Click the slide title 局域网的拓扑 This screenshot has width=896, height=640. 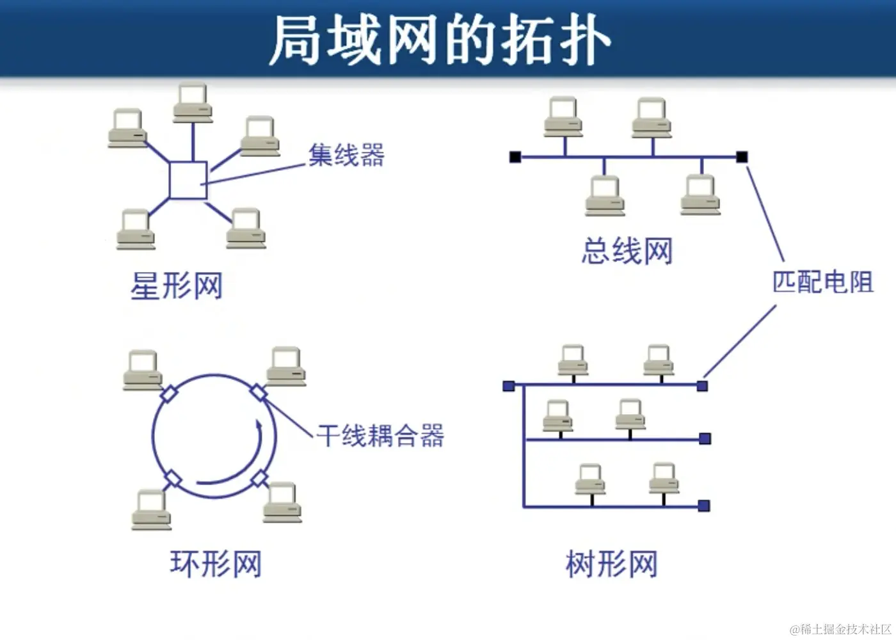pos(440,40)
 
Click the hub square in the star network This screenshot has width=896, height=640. pos(188,180)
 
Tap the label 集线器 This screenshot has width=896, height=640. pos(346,155)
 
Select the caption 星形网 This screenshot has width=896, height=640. pos(177,285)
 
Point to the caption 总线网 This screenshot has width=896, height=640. pos(627,250)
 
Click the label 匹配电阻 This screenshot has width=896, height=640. pos(822,282)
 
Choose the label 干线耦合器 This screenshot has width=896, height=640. pos(380,436)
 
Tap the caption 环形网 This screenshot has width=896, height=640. pos(216,564)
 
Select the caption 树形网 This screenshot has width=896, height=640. pos(612,564)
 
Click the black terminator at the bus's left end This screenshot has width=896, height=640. pos(515,157)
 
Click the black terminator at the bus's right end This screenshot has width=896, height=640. pos(742,157)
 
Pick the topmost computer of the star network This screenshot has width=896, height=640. pos(193,102)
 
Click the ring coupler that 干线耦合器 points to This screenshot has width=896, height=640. pos(259,392)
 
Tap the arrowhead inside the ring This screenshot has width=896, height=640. pos(259,425)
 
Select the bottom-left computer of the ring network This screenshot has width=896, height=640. pos(152,509)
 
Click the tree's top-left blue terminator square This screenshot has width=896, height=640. pos(509,386)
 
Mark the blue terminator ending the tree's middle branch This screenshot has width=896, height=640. pos(705,439)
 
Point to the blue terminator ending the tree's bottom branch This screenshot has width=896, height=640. pos(704,506)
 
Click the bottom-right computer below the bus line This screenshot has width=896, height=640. pos(700,195)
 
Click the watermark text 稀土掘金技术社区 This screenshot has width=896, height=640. pos(845,629)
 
